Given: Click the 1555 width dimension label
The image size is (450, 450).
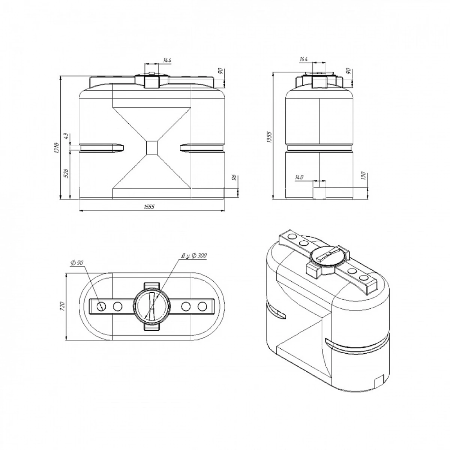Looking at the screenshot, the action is point(150,207).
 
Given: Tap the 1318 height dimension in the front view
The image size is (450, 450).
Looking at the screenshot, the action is point(57,148).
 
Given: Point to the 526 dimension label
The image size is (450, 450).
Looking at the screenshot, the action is point(66,173).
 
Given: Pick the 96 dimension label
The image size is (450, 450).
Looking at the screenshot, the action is point(235,177).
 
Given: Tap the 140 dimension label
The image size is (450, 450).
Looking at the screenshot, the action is point(299,177).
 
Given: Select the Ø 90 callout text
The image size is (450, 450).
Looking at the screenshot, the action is point(76,262).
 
